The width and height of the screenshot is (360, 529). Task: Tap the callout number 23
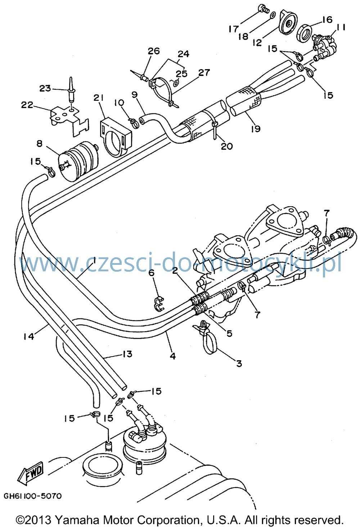[45, 88]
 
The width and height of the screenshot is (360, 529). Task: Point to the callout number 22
[27, 105]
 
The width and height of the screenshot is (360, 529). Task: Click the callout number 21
[98, 98]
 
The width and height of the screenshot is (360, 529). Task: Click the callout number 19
[256, 129]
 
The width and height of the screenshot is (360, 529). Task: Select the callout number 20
[227, 146]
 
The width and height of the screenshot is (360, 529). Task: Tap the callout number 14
[29, 336]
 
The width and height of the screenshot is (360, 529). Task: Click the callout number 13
[127, 354]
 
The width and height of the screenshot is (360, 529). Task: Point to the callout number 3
[239, 363]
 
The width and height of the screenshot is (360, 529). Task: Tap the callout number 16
[327, 19]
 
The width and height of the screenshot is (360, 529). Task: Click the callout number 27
[204, 72]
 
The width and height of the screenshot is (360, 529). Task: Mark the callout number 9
[134, 95]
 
